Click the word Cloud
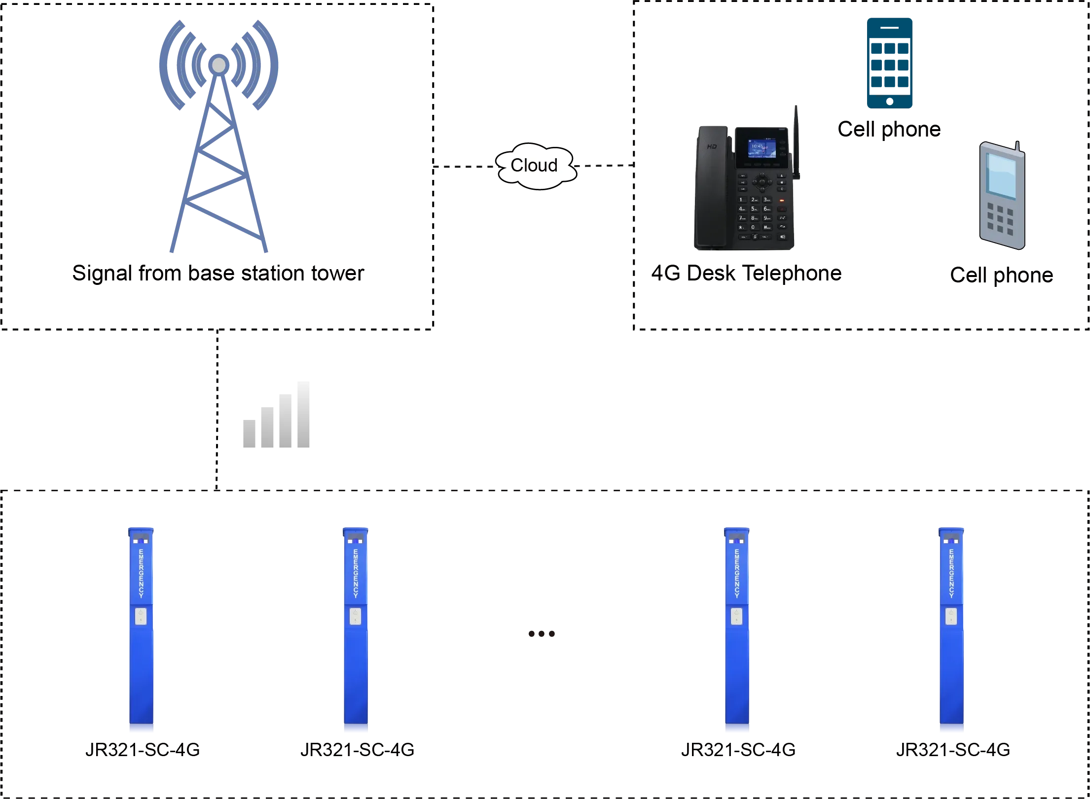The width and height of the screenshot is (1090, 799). coord(534,165)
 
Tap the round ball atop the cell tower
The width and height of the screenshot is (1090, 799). coord(218,65)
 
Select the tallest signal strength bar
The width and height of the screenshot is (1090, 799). coord(303,414)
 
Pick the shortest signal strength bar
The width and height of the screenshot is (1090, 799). coord(248,433)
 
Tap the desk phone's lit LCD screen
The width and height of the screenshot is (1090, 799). coord(755,147)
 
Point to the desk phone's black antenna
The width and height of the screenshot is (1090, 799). coord(796,133)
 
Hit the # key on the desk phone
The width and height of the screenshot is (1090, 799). coord(767,227)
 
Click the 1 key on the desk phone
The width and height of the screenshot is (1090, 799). coord(741,200)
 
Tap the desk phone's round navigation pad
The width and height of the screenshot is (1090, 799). coord(762,181)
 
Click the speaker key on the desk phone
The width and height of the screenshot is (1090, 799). coord(782,237)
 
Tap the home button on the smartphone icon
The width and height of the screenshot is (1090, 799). coord(890,101)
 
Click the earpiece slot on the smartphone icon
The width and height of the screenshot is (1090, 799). coord(890,28)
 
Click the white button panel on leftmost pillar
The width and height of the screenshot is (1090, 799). coord(141,616)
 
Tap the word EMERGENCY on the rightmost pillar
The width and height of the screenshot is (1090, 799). coord(951,573)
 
